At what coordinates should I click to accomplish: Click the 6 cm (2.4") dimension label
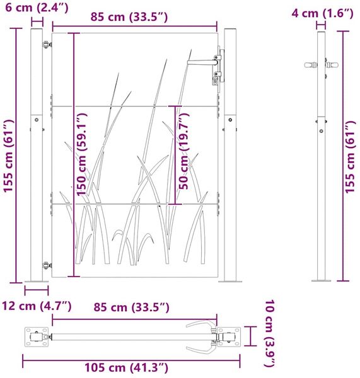pos(37,7)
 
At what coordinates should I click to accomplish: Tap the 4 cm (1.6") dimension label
pos(322,13)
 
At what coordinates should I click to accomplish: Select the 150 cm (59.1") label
pos(81,154)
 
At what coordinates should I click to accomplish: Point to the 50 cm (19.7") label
pos(184,151)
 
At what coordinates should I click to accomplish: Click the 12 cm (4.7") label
pos(37,306)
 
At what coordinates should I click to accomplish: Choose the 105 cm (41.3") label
pos(126,368)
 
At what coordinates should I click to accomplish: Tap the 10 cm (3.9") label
pos(270,334)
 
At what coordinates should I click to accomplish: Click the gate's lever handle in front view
pos(202,62)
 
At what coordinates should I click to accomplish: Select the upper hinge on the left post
pos(47,45)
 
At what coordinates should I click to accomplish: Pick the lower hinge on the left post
pos(47,265)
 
